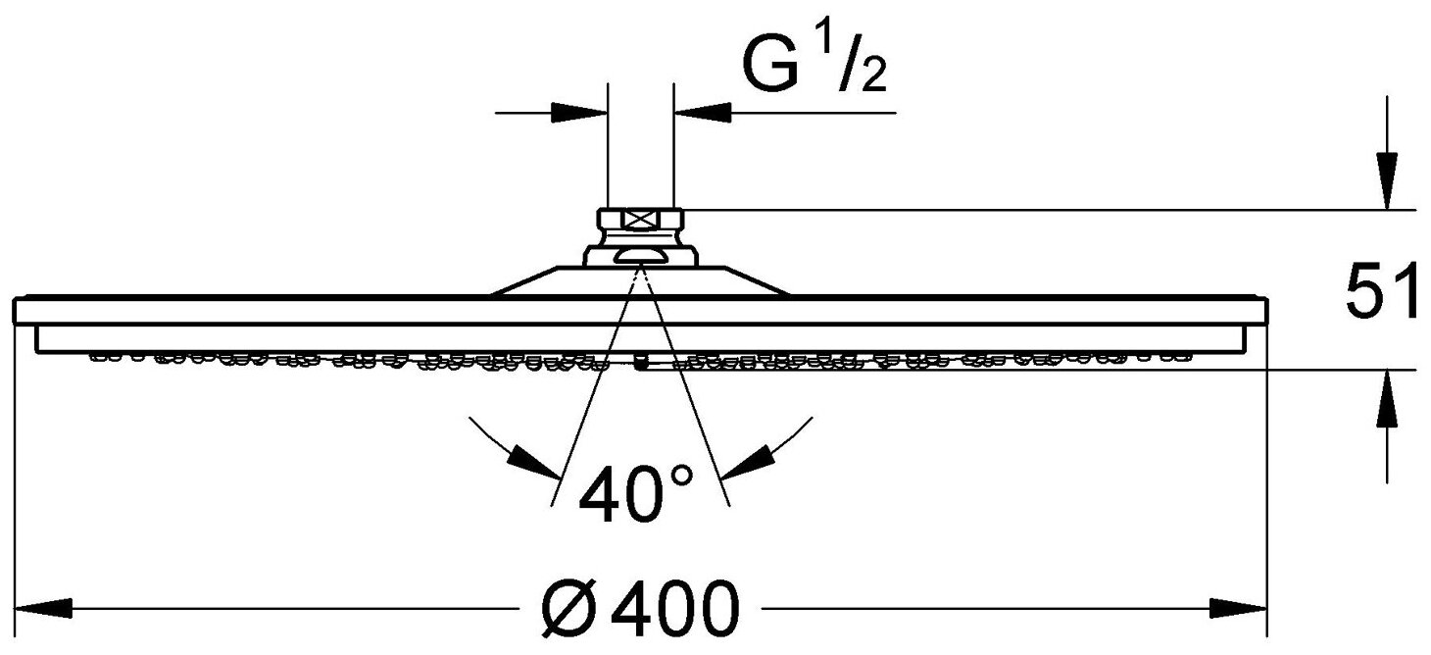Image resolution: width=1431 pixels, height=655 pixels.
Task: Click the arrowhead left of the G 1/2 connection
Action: coord(582,112)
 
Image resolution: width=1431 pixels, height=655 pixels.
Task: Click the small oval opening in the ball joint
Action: coord(640,258)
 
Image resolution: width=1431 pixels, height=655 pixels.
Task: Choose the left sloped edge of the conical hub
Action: coord(524,279)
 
